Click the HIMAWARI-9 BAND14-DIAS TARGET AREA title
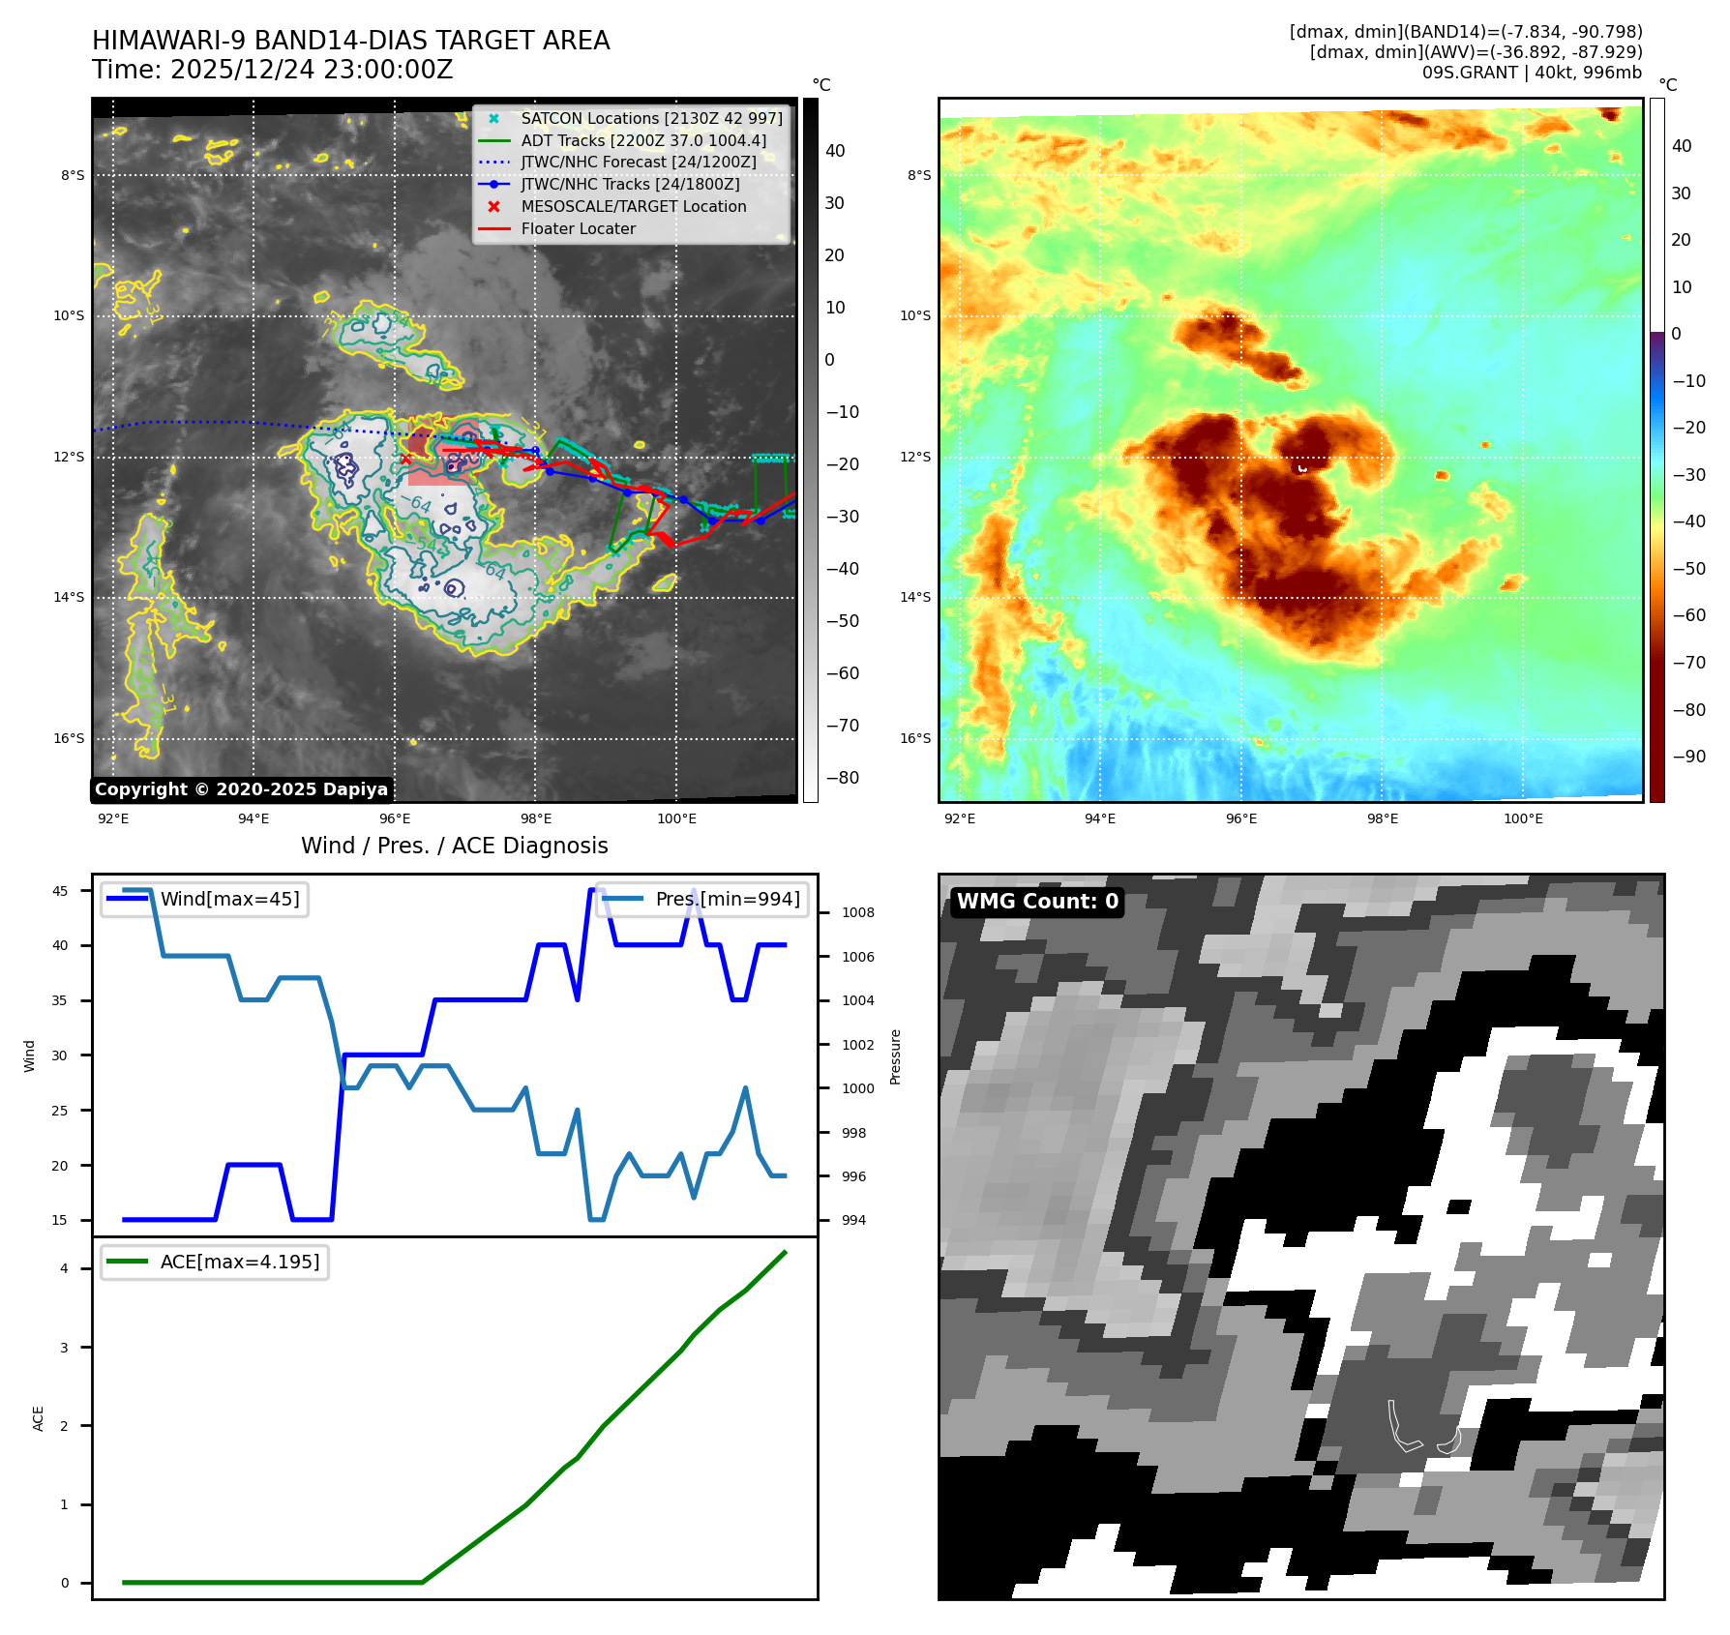coord(350,41)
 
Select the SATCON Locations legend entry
coord(650,118)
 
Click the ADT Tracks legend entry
coord(642,140)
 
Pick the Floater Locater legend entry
coord(578,229)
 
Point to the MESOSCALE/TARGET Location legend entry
coord(633,207)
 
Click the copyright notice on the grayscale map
coord(241,789)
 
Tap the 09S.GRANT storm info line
coord(1531,73)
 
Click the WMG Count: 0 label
coord(1037,902)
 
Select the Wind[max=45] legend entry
coord(229,899)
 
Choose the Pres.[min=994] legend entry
coord(727,899)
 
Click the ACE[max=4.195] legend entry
coord(239,1262)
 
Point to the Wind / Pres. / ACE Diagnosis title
coord(455,846)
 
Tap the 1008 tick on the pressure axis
coord(857,912)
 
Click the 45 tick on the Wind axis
coord(60,891)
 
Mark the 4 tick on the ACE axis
coord(65,1268)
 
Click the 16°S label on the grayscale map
coord(69,738)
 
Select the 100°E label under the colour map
coord(1523,818)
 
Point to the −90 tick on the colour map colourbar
coord(1689,757)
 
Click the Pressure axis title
coord(896,1056)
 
